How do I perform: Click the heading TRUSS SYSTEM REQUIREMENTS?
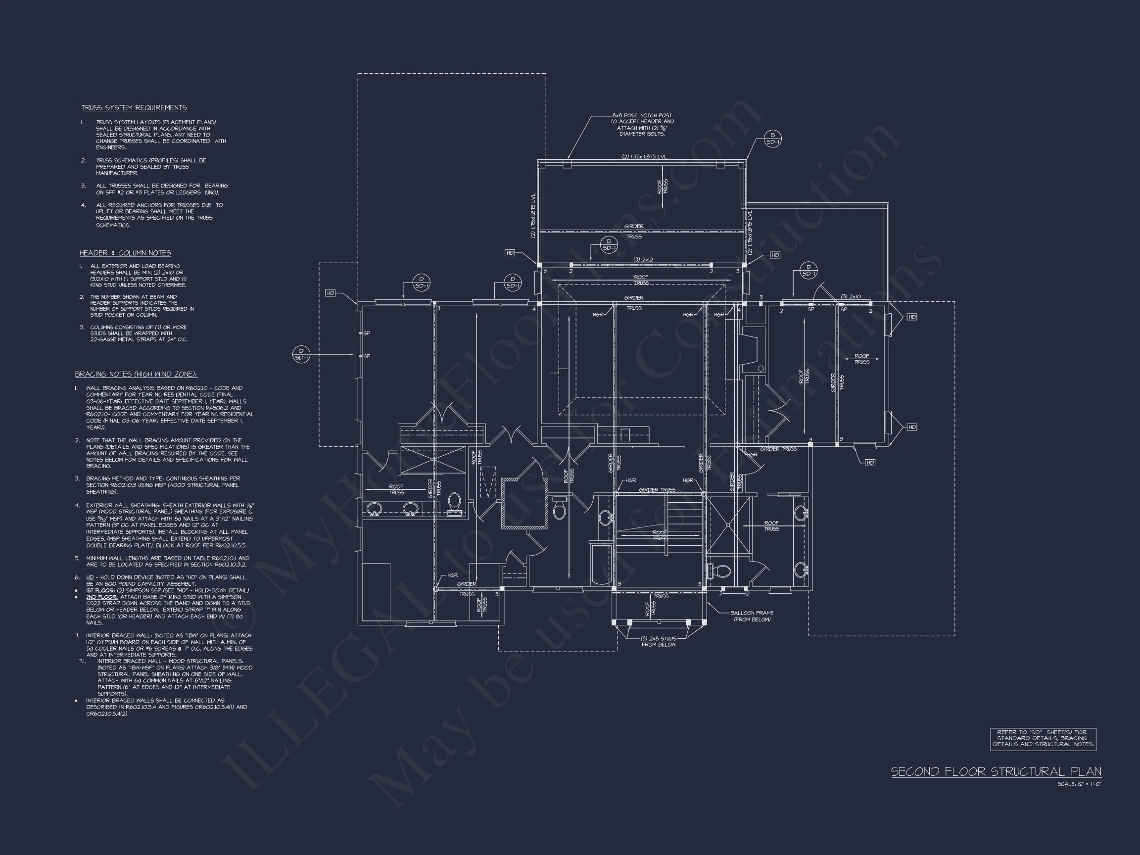tap(134, 108)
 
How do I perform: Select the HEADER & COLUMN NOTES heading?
tap(125, 253)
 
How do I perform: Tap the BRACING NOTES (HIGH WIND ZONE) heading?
tap(136, 374)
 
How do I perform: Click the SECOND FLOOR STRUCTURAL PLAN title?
tap(996, 771)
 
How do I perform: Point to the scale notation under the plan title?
tap(1079, 784)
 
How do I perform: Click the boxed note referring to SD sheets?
tap(1043, 739)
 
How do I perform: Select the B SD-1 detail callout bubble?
tap(772, 139)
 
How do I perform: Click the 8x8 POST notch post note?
tap(642, 124)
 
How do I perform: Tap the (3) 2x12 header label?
tap(643, 260)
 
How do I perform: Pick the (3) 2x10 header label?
tap(851, 297)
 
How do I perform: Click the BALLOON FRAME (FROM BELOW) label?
tap(752, 616)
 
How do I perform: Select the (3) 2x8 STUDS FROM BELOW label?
tap(658, 641)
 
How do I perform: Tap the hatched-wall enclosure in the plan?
tap(524, 503)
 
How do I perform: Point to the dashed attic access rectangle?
tap(487, 482)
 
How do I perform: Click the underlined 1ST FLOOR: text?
tap(100, 591)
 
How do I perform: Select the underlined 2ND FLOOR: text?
tap(101, 597)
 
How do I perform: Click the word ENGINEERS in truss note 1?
tap(110, 147)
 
